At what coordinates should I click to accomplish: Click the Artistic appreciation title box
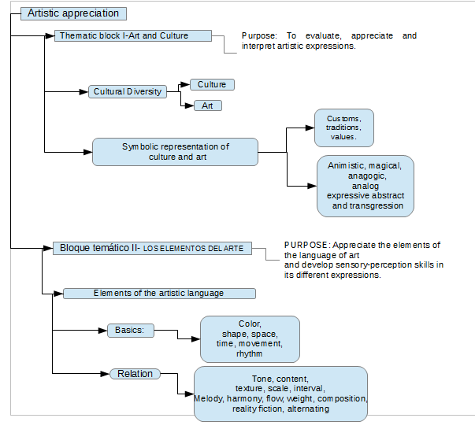pos(73,13)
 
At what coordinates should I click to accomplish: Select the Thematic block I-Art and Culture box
pos(133,35)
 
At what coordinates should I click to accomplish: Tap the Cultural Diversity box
pos(128,91)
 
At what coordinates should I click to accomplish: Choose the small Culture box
pos(212,84)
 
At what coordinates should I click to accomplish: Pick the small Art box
pos(208,105)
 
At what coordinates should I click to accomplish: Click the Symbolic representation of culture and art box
pos(175,152)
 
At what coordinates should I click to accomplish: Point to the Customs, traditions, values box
pos(344,128)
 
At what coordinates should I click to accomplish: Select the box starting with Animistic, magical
pos(366,186)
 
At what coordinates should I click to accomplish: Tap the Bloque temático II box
pos(152,248)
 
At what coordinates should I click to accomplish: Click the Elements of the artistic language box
pos(159,294)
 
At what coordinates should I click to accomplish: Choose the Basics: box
pos(131,331)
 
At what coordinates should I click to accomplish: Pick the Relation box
pos(135,374)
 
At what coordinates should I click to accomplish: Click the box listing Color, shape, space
pos(250,339)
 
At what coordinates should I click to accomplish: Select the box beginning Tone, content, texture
pos(280,394)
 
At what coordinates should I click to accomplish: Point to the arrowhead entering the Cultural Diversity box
pos(83,91)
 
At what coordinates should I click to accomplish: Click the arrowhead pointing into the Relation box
pos(105,374)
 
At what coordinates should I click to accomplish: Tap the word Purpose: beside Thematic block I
pos(259,35)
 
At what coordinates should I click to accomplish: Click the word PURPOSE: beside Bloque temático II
pos(306,245)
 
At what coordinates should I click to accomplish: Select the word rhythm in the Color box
pos(249,353)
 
